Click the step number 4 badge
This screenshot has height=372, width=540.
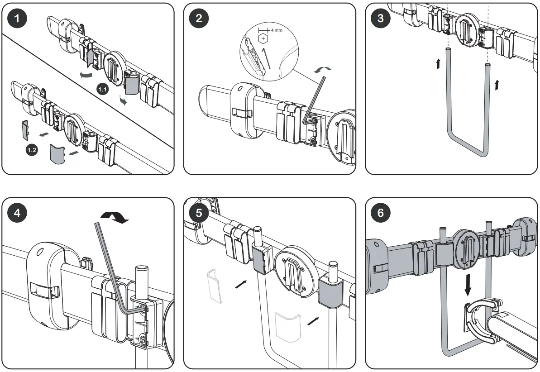17,213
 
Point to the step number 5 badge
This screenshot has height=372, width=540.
199,213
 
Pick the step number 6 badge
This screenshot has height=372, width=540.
380,213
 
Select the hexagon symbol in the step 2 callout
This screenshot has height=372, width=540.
263,39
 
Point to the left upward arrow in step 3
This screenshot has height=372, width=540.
438,64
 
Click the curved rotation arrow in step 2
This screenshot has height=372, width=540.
323,69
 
